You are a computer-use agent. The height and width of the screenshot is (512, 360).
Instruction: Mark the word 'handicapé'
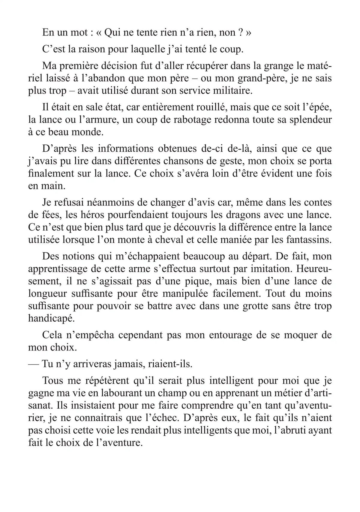[x=51, y=318]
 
